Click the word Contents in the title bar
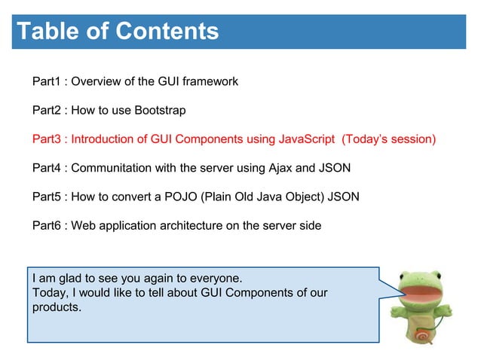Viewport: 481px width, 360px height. pyautogui.click(x=167, y=32)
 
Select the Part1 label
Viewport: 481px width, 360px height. pyautogui.click(x=47, y=81)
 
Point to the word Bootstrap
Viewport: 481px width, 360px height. pyautogui.click(x=160, y=110)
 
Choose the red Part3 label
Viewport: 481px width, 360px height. pyautogui.click(x=47, y=139)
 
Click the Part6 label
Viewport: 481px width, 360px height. pyautogui.click(x=47, y=226)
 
